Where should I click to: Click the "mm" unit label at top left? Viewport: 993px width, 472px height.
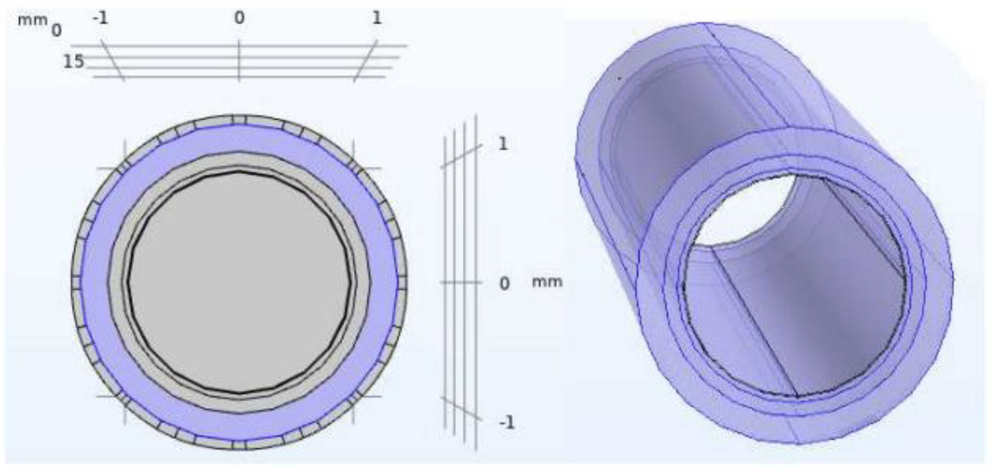(32, 19)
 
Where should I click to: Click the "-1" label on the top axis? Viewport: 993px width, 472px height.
(100, 18)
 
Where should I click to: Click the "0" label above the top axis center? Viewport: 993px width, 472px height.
(239, 18)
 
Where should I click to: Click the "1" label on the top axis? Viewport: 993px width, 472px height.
(376, 18)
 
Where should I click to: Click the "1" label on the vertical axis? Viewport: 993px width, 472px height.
(503, 144)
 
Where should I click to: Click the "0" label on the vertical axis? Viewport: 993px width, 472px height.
(504, 284)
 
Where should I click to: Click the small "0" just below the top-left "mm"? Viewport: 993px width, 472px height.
(56, 31)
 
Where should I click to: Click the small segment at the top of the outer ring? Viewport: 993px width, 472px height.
(239, 120)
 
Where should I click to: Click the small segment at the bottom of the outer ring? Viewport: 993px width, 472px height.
(239, 445)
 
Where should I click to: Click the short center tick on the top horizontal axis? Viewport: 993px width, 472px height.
(239, 62)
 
